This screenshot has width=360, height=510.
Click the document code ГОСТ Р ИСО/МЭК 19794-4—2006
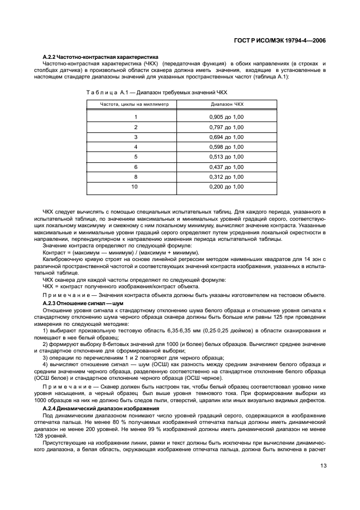[283, 40]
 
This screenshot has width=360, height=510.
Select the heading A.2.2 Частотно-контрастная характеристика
[100, 57]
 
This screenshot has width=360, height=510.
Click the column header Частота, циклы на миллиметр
[136, 103]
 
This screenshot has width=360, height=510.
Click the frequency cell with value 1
[136, 117]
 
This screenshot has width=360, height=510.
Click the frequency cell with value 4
[136, 147]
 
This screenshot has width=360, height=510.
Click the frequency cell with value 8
[136, 177]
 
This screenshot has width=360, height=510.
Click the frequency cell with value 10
[136, 186]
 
